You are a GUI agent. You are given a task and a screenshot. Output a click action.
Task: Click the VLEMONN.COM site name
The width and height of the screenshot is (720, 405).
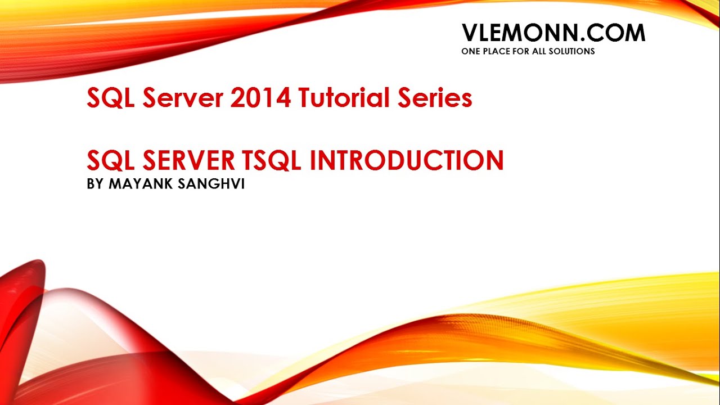coord(553,33)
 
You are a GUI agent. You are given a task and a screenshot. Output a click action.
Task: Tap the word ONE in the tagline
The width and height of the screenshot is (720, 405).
coord(470,51)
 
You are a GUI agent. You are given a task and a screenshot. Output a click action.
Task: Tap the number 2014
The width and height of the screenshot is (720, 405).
coord(260,98)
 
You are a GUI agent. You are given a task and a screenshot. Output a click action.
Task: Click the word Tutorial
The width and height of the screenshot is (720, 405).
coord(342,98)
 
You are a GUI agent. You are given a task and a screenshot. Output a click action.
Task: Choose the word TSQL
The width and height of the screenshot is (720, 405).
coord(272,161)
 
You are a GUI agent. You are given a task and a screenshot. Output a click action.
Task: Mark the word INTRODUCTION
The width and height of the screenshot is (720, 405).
coord(407,161)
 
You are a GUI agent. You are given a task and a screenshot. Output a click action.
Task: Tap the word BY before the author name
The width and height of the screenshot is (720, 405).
coord(96,184)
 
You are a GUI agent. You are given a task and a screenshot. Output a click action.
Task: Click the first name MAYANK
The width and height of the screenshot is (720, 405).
coord(138,184)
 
